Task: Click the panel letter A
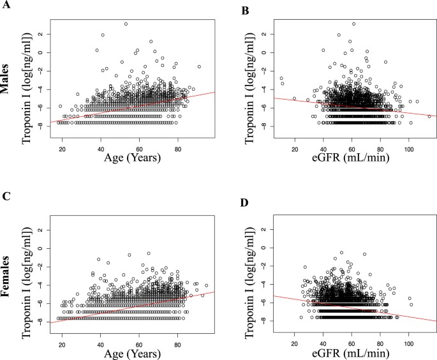[5, 7]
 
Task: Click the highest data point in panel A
[126, 24]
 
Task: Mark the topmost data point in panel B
[353, 24]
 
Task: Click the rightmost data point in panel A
[200, 66]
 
